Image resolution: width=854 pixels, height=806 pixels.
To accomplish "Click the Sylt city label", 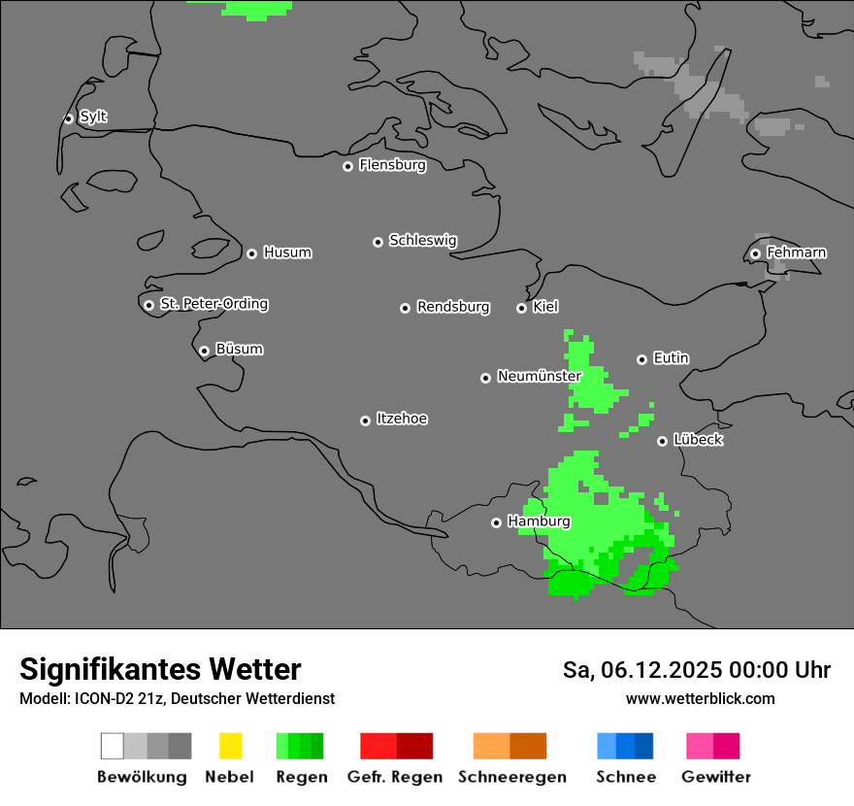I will point(93,118).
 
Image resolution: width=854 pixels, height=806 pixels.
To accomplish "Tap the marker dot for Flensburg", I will point(347,166).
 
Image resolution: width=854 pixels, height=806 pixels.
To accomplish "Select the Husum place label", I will point(287,253).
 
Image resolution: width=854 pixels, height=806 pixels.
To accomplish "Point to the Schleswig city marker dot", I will point(378,242).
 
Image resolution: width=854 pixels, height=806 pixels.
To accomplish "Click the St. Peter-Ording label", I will point(213,304).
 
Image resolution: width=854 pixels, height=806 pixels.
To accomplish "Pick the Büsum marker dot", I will point(204,351).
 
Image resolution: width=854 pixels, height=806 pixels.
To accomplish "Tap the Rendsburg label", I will point(453,307).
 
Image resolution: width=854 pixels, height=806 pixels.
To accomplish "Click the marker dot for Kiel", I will point(521,308).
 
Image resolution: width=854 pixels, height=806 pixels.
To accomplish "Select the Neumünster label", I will point(539,376).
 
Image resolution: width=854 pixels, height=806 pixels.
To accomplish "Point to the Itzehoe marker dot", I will point(365,420).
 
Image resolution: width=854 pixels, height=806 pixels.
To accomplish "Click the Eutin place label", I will point(671,358).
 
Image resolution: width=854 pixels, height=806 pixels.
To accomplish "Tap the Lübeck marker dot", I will point(662,441).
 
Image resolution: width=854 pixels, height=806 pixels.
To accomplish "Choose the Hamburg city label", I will point(539,521).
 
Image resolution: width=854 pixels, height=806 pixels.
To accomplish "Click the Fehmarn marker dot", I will point(755,254).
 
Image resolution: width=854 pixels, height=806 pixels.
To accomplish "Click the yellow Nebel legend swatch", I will point(230,746).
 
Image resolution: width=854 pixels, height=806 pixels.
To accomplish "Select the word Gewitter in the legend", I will point(716,777).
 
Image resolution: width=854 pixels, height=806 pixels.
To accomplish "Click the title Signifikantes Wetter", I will point(160,669).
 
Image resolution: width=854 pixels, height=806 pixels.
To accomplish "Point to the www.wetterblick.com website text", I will point(700,698).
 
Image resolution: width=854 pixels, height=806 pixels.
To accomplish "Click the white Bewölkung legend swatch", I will point(112,746).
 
